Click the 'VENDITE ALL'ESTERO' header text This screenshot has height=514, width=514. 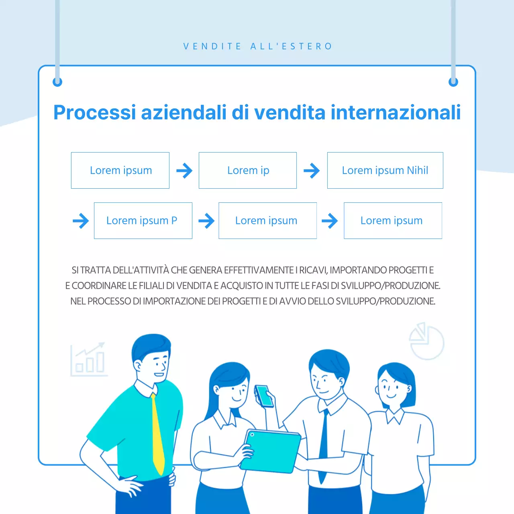pyautogui.click(x=258, y=46)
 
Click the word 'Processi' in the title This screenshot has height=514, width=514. pyautogui.click(x=95, y=112)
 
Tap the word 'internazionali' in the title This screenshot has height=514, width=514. pyautogui.click(x=396, y=112)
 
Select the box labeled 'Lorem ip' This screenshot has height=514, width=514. pyautogui.click(x=247, y=170)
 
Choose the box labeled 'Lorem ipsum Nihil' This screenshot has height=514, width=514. pyautogui.click(x=385, y=170)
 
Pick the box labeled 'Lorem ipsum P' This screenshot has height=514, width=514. pyautogui.click(x=143, y=220)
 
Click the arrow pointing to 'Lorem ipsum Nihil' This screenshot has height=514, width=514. pyautogui.click(x=312, y=170)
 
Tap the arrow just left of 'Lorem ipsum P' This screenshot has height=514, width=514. pyautogui.click(x=81, y=220)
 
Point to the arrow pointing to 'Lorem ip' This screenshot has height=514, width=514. pyautogui.click(x=184, y=170)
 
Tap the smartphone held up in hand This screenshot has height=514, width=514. pyautogui.click(x=264, y=396)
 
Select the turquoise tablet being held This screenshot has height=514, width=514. pyautogui.click(x=271, y=452)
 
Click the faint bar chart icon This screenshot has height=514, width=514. pyautogui.click(x=89, y=359)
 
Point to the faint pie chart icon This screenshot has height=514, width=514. pyautogui.click(x=426, y=341)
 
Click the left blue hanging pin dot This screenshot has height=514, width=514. pyautogui.click(x=57, y=82)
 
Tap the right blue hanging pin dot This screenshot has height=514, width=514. pyautogui.click(x=453, y=82)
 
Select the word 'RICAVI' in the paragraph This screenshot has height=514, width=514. pyautogui.click(x=313, y=270)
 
